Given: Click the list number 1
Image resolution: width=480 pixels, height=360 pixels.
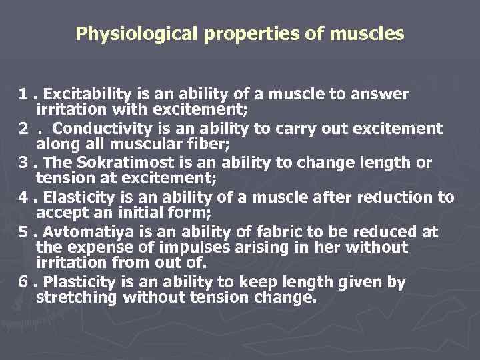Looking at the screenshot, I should [x=23, y=94].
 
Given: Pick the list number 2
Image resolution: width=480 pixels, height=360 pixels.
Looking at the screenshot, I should [x=24, y=129].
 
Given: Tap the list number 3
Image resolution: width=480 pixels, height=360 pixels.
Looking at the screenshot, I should [x=23, y=163].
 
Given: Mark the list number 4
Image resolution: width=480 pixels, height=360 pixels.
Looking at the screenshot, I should [x=23, y=198].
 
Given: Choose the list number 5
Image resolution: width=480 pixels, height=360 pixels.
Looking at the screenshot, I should [x=23, y=233].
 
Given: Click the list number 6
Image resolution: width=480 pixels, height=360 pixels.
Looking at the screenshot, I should [x=23, y=283].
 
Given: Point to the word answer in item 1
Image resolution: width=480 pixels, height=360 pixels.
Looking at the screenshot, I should [x=381, y=94].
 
